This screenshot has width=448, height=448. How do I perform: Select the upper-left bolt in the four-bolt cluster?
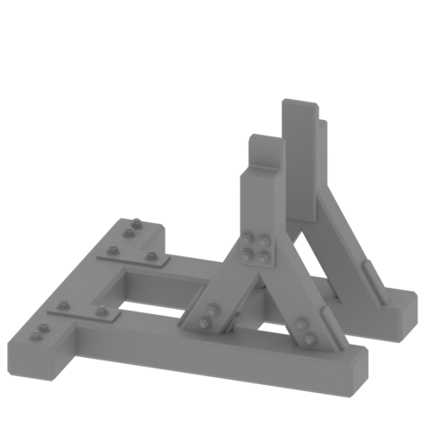252,236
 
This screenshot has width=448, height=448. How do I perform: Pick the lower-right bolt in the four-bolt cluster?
263,255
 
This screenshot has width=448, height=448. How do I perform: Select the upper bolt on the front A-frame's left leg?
211,310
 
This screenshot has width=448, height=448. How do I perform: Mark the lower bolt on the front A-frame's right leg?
308,338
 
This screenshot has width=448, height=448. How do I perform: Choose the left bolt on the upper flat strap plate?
112,251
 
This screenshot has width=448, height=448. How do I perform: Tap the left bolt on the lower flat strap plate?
63,304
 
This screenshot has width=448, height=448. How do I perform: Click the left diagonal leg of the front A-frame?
219,297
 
